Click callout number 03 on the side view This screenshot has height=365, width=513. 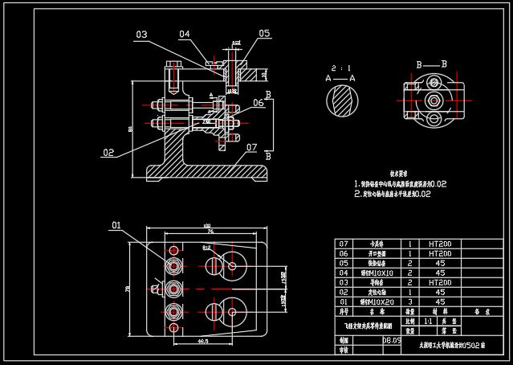141,35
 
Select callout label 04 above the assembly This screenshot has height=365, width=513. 185,34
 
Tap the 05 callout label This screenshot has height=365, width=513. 264,34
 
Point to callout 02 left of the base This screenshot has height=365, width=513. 108,151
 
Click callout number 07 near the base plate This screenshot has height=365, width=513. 251,147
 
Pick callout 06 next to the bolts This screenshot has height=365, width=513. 259,103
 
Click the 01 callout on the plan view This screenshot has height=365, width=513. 116,224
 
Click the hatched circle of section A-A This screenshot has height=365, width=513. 340,101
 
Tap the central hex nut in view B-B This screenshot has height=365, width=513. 434,100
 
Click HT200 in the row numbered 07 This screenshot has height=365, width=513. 439,244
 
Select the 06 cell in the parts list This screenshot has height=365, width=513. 345,253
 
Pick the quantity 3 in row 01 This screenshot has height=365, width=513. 410,301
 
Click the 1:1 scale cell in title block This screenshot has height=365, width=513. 428,320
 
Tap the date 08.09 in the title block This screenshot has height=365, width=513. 392,340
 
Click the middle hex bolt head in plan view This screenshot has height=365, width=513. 173,287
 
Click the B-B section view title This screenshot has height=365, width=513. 431,64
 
